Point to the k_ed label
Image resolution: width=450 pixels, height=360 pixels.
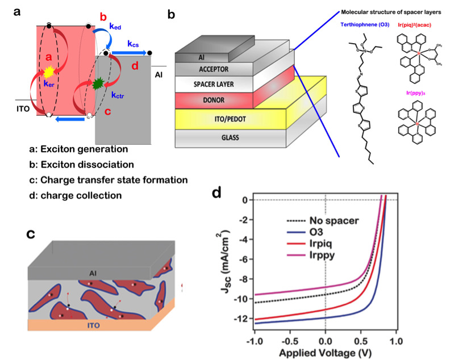click(x=116, y=25)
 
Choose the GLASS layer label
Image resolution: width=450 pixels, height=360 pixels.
click(x=212, y=137)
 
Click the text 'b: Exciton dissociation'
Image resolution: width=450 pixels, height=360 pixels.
click(x=81, y=165)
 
